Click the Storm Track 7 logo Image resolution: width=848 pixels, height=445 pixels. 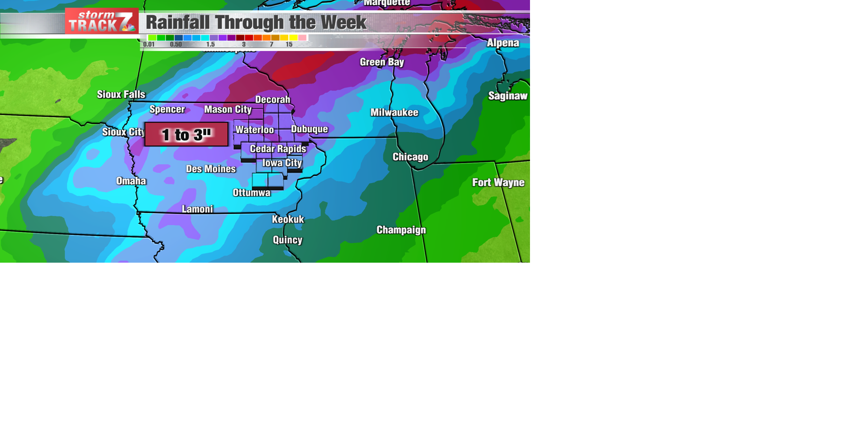point(102,21)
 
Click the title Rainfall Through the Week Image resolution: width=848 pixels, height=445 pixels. point(256,23)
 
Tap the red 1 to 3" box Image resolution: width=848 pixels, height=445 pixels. point(186,135)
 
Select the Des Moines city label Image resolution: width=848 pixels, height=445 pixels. point(211,169)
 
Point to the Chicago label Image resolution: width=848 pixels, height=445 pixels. point(410,157)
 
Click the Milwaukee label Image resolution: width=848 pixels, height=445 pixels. point(394,113)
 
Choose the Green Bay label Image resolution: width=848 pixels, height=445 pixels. point(382,62)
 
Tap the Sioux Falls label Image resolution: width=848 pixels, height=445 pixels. point(121,94)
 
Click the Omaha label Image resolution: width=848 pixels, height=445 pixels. point(131,181)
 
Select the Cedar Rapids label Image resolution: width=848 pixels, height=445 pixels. point(278,149)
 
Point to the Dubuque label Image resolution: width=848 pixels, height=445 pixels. point(309,129)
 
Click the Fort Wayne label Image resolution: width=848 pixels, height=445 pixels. point(498,183)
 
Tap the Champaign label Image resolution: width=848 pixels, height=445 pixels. point(401,230)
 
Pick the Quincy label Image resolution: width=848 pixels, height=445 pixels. point(288,240)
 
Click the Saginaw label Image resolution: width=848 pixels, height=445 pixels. point(507,96)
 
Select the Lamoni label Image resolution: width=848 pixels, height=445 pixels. point(197,209)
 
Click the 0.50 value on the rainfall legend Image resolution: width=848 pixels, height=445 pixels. point(176,45)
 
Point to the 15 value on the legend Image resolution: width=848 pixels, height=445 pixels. point(289,45)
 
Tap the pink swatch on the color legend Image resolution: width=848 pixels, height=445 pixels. point(302,38)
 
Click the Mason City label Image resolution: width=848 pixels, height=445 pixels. point(227,109)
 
